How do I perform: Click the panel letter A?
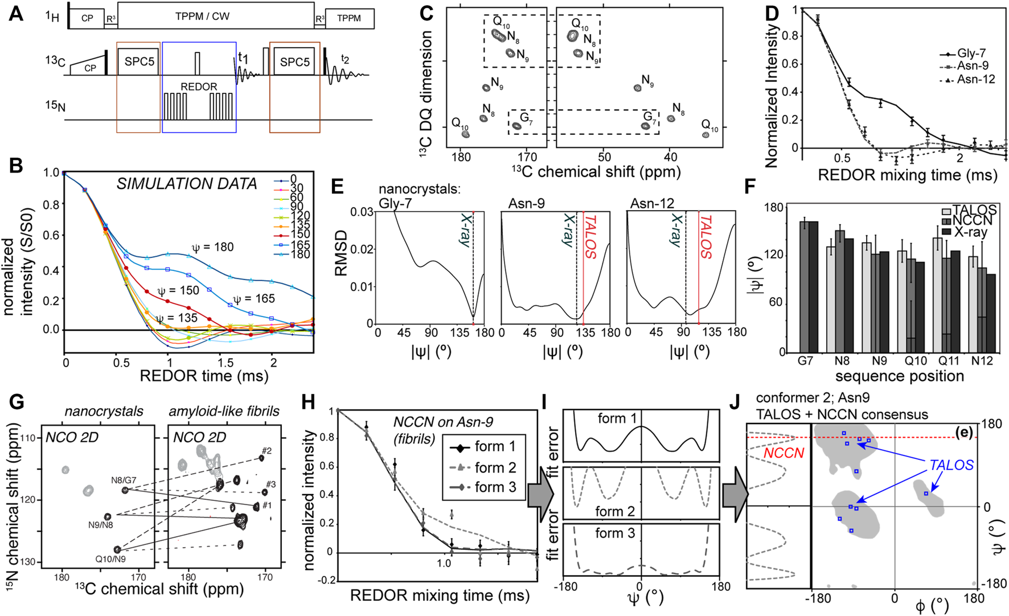click(16, 13)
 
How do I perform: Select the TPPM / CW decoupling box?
click(202, 17)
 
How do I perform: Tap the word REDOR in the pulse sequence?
click(199, 87)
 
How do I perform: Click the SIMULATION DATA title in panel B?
click(187, 184)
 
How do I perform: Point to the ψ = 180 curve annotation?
click(212, 247)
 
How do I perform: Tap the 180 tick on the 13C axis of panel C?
click(461, 157)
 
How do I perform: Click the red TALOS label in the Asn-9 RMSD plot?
click(591, 237)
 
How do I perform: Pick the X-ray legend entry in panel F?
click(971, 232)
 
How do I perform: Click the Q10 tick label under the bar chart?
click(916, 361)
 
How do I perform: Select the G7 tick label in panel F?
click(805, 361)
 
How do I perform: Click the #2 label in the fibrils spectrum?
click(266, 451)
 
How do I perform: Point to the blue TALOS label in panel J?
click(951, 465)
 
